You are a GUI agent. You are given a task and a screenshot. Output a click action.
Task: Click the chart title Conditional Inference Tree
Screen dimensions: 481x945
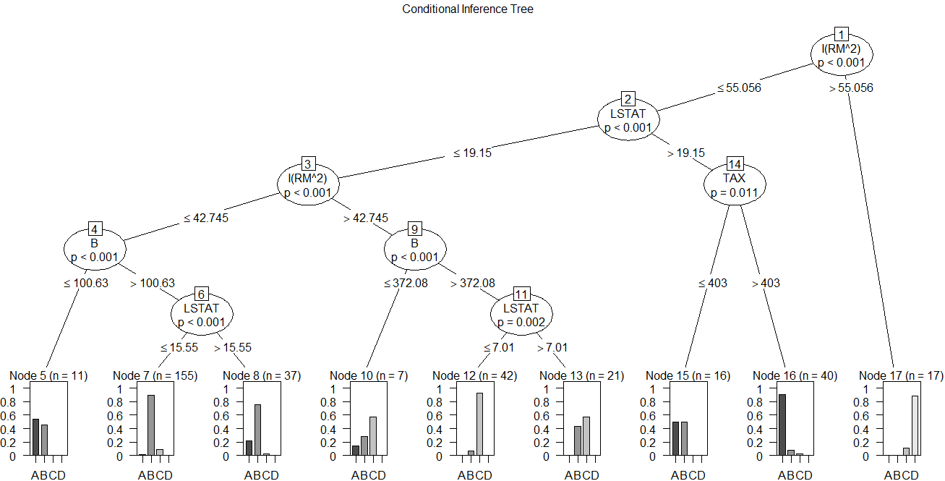click(468, 9)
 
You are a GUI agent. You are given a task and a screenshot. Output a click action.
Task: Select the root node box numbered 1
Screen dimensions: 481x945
click(841, 35)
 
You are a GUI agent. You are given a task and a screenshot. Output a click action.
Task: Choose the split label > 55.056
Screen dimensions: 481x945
click(851, 88)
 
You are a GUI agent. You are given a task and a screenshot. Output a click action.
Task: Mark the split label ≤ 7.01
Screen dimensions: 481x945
click(498, 347)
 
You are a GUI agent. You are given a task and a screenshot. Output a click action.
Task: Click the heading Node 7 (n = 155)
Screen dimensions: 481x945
click(155, 375)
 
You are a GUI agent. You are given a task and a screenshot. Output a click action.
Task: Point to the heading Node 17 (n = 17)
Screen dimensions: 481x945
click(900, 375)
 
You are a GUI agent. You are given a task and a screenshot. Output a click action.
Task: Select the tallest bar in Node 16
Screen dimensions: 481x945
click(782, 425)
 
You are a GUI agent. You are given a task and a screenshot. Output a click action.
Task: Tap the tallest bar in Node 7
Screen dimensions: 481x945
click(151, 425)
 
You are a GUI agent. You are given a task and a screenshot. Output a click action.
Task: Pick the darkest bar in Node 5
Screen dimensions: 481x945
click(35, 438)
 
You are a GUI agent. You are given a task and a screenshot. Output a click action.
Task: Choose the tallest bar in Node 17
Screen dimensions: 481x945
click(915, 426)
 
